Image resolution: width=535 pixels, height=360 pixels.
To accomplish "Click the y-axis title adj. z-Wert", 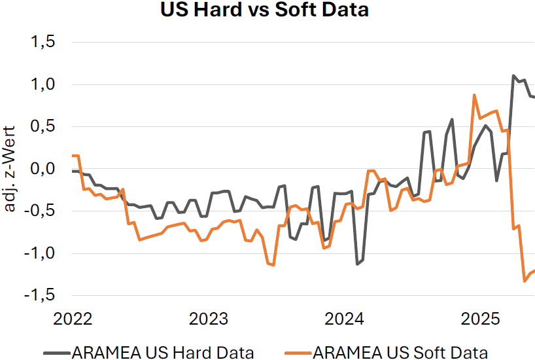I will (x=11, y=169).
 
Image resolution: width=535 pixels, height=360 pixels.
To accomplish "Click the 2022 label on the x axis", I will (x=73, y=319).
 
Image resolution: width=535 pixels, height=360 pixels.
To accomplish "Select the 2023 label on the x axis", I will (x=209, y=319).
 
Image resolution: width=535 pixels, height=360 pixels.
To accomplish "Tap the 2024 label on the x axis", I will (x=345, y=319).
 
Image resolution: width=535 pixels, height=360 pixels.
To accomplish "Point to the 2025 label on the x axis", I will (x=480, y=319).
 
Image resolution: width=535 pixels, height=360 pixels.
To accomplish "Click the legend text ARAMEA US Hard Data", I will (x=163, y=352).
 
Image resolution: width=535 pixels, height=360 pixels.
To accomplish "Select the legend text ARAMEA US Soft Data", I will (x=400, y=352).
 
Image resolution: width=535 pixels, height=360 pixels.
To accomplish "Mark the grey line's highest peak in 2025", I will (x=513, y=76).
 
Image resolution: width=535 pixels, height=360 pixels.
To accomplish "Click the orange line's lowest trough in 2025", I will (x=525, y=281).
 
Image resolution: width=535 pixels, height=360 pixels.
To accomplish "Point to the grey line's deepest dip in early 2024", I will (x=357, y=264).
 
